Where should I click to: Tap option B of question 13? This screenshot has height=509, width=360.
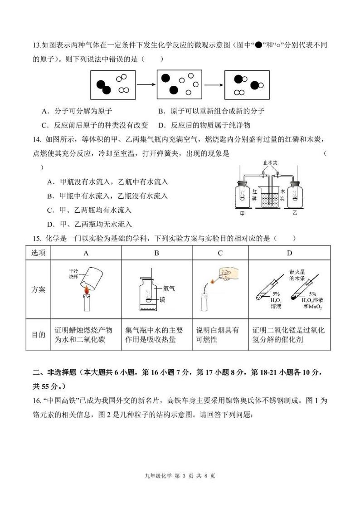pos(211,111)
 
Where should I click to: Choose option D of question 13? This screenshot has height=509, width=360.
pos(204,125)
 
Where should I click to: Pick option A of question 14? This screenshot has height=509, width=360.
pos(107,182)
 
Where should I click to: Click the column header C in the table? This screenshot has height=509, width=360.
pos(220,253)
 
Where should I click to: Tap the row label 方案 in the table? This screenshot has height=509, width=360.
pos(39,289)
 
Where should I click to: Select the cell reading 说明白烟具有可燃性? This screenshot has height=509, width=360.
pos(220,335)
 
